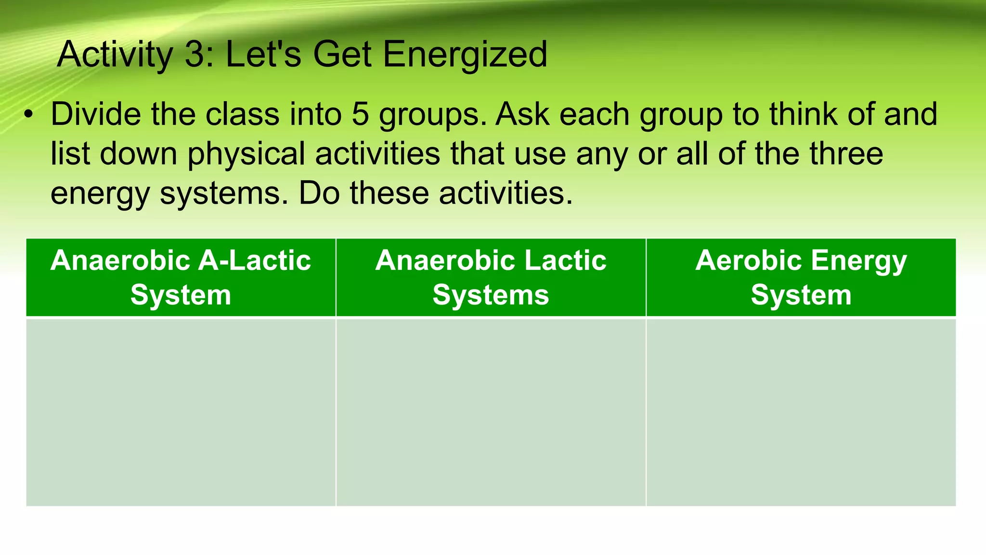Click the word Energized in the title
[x=465, y=54]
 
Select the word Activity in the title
[x=115, y=54]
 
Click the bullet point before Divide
[x=29, y=115]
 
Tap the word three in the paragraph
[x=846, y=154]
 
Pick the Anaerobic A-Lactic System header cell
[x=181, y=277]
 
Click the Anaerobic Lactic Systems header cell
[x=491, y=277]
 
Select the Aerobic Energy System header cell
[x=801, y=277]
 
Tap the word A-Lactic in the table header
[x=255, y=261]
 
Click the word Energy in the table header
[x=858, y=261]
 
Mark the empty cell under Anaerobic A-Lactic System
[x=181, y=412]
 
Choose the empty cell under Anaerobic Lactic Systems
[x=491, y=412]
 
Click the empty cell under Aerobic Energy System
[x=801, y=412]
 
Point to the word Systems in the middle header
[x=491, y=295]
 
